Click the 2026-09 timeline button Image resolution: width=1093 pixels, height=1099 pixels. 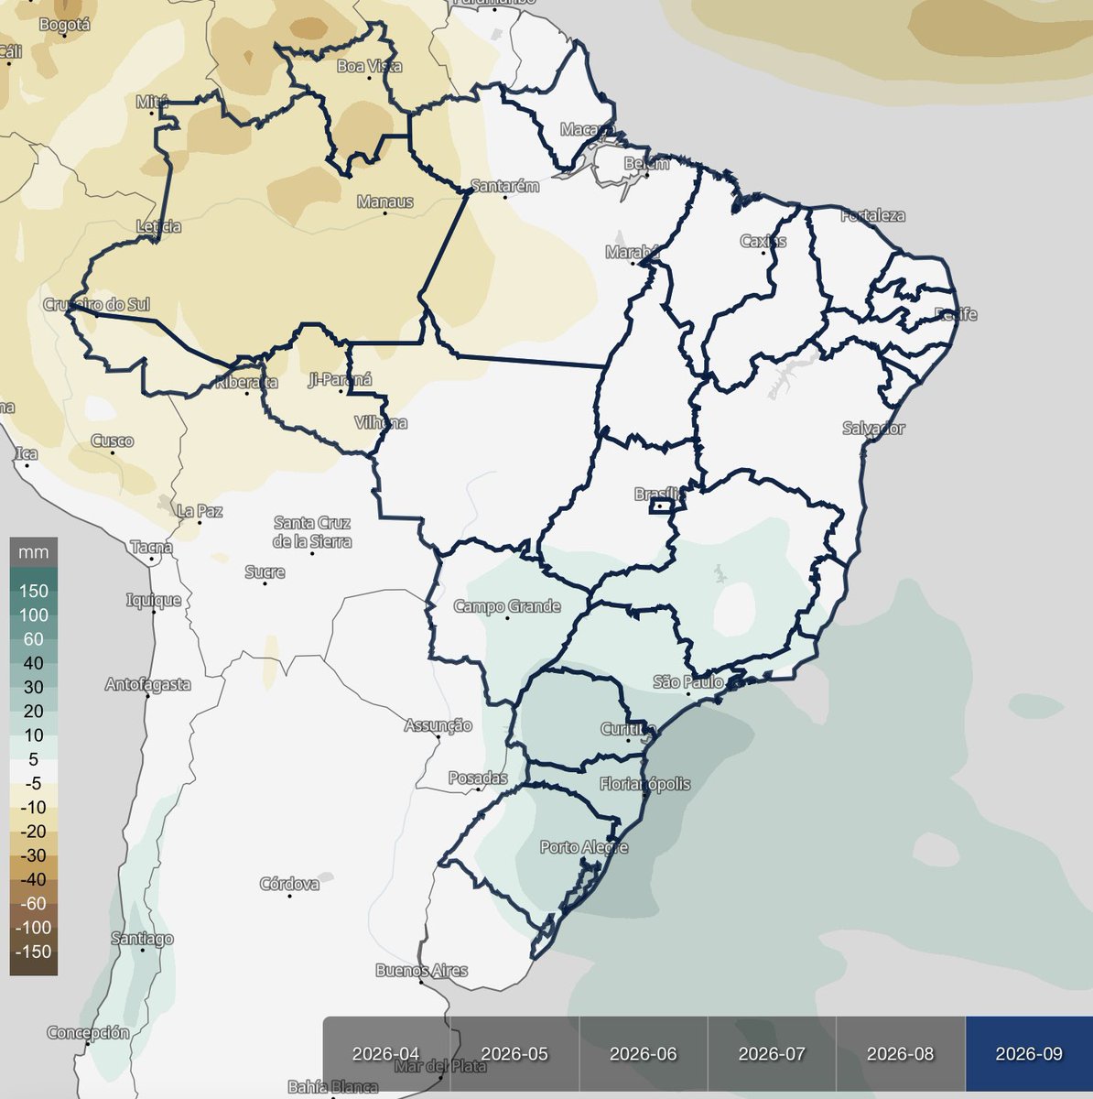click(x=1028, y=1054)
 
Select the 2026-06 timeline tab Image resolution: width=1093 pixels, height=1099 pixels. click(x=644, y=1054)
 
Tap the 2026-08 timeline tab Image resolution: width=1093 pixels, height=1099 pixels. click(x=900, y=1054)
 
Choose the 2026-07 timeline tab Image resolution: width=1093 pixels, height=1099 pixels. click(x=772, y=1054)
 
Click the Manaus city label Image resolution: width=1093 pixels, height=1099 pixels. click(x=385, y=201)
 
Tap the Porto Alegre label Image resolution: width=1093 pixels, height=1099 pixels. click(x=584, y=847)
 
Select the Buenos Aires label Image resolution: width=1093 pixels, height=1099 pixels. click(x=422, y=970)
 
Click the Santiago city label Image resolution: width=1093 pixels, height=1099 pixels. click(x=142, y=939)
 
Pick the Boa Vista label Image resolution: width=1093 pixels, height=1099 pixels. click(x=370, y=66)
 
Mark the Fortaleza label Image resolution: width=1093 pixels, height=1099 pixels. click(x=872, y=216)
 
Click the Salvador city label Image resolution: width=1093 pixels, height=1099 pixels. click(x=874, y=429)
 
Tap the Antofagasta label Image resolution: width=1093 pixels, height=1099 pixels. click(x=148, y=684)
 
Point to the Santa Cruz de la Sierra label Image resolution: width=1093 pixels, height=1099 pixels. click(x=312, y=532)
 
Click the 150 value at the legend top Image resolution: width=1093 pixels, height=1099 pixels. click(x=34, y=591)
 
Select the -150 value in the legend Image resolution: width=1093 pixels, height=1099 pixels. click(x=34, y=951)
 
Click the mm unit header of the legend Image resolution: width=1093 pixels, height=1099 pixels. click(x=34, y=553)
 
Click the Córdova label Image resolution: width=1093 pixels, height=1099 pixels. click(x=289, y=884)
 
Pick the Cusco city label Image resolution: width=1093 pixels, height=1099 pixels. click(x=113, y=441)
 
